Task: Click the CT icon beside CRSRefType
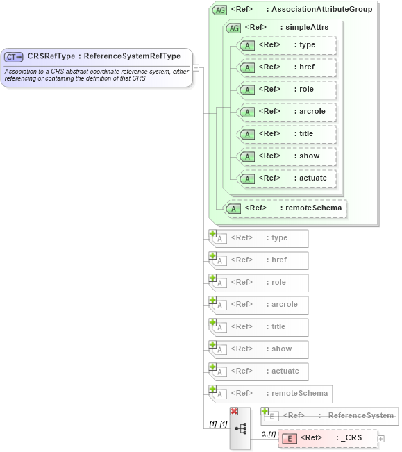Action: point(14,56)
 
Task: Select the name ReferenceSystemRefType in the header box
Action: point(132,56)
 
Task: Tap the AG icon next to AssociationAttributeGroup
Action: point(220,10)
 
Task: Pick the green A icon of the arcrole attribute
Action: point(246,112)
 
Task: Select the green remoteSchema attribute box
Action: point(287,208)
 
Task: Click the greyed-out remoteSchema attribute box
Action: point(271,394)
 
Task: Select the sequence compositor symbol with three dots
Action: point(241,429)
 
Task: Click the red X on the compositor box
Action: point(234,411)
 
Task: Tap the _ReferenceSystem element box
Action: point(330,416)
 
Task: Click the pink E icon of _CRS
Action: point(291,438)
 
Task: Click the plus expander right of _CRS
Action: point(380,439)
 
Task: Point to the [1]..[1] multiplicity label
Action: point(218,424)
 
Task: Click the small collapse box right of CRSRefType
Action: point(196,68)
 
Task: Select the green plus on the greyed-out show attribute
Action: point(212,344)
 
